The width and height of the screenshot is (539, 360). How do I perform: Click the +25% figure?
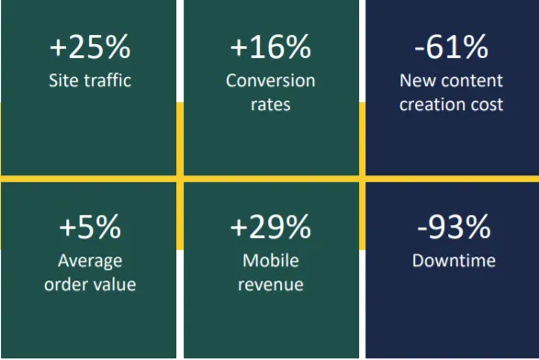90,45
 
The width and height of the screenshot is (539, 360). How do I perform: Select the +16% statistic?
271,45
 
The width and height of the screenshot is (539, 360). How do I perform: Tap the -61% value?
451,45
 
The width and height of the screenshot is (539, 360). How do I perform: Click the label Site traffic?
90,80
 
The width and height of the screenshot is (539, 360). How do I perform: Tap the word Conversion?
271,80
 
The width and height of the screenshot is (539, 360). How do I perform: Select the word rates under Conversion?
271,104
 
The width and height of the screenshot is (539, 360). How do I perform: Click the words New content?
451,80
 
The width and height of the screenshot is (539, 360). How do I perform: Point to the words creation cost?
451,104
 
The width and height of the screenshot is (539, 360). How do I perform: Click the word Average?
90,261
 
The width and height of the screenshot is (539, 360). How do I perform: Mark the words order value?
90,285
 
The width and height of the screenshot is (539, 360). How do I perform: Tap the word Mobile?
271,261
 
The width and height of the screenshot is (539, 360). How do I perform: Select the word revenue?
271,285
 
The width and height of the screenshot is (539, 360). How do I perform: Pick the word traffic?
105,80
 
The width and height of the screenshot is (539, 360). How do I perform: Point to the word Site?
62,80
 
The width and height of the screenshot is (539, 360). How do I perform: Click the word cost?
487,104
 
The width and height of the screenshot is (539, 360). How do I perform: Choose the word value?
115,285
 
